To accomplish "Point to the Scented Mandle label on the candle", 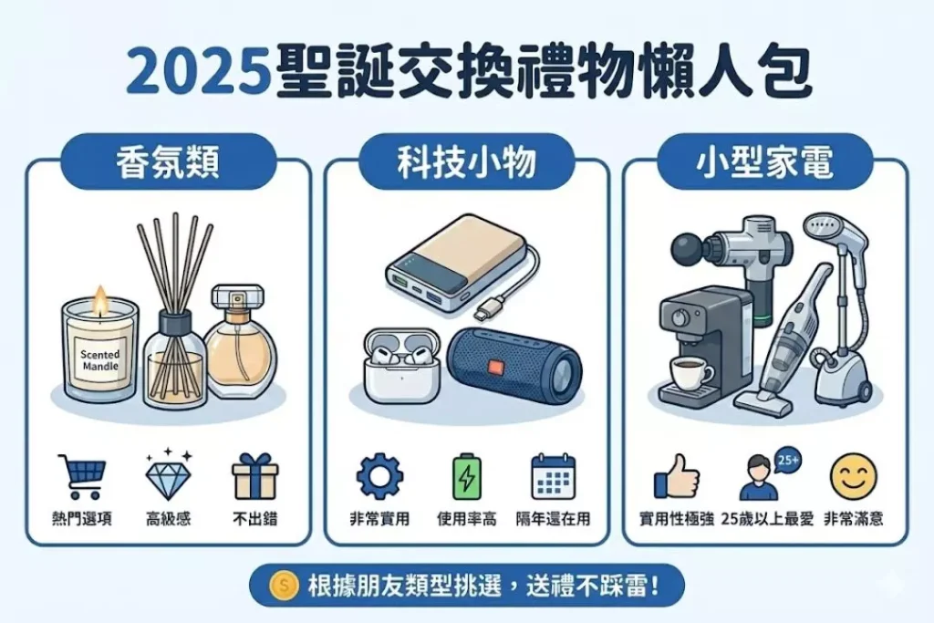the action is pos(100,360).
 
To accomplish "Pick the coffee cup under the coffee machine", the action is pos(691,372).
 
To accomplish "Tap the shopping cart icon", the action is pos(81,476).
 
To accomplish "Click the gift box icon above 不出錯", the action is pos(255,475).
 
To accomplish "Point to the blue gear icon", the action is pos(379,476).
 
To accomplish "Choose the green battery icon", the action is pos(466,476).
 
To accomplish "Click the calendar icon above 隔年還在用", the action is pos(553,476).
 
